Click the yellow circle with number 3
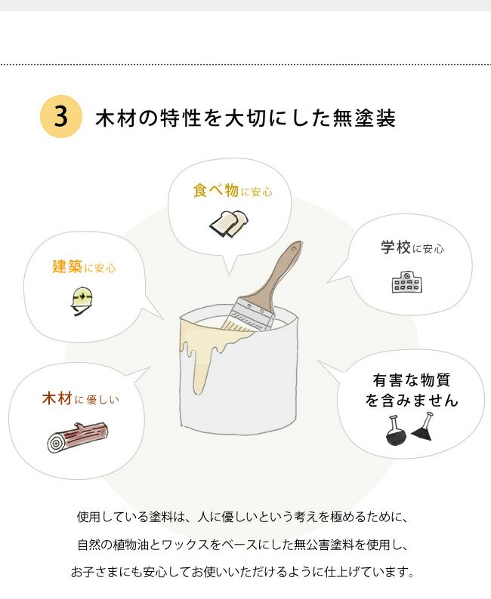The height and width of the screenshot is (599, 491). [x=60, y=117]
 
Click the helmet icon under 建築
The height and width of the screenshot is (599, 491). [x=80, y=299]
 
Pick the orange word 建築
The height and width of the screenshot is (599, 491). [x=66, y=266]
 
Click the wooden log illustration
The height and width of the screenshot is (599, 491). [x=77, y=438]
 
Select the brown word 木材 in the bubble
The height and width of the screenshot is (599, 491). [x=57, y=398]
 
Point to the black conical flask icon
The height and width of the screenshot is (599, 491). [x=423, y=429]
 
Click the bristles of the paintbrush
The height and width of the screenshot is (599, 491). [x=236, y=323]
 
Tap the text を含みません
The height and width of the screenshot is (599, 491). [x=412, y=400]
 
